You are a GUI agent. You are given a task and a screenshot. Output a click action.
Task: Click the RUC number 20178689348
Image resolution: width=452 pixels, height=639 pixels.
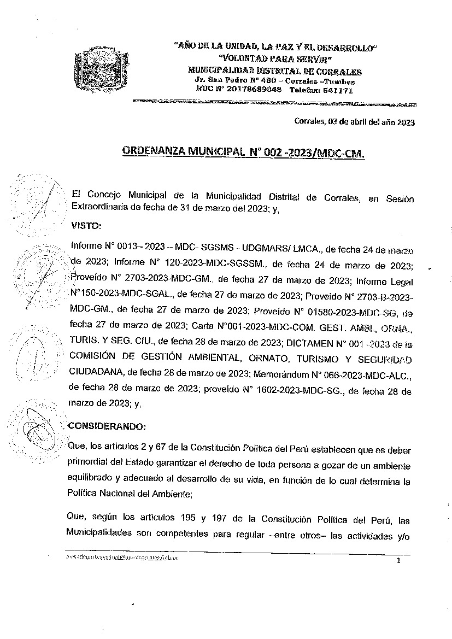254,90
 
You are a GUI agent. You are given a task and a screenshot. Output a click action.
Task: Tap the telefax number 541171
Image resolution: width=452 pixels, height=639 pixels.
337,90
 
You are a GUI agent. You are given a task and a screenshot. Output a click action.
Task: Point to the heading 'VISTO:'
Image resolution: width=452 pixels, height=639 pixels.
86,225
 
